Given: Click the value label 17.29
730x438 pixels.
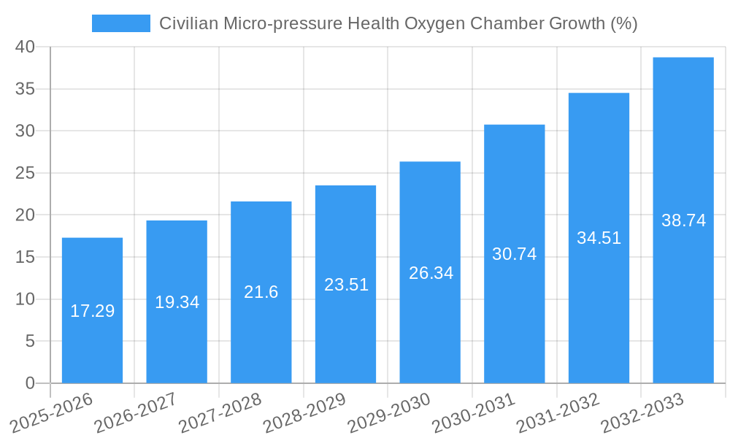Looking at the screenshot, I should tap(92, 311).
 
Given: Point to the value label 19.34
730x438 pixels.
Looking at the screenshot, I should tap(177, 302).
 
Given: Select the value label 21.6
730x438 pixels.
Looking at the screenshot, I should tap(261, 292).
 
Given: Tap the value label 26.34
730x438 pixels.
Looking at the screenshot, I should tap(431, 273).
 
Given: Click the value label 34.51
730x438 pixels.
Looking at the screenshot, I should tap(599, 238).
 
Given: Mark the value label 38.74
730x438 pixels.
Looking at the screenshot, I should tap(683, 220).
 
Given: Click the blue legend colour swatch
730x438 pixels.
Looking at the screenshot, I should tap(120, 23).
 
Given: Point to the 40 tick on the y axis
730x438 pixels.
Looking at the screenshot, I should tap(25, 47).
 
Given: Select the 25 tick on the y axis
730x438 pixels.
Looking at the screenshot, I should tap(25, 173).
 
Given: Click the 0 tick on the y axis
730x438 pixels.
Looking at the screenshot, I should tap(30, 383).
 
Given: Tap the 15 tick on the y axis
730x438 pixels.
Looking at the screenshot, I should tap(25, 257).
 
